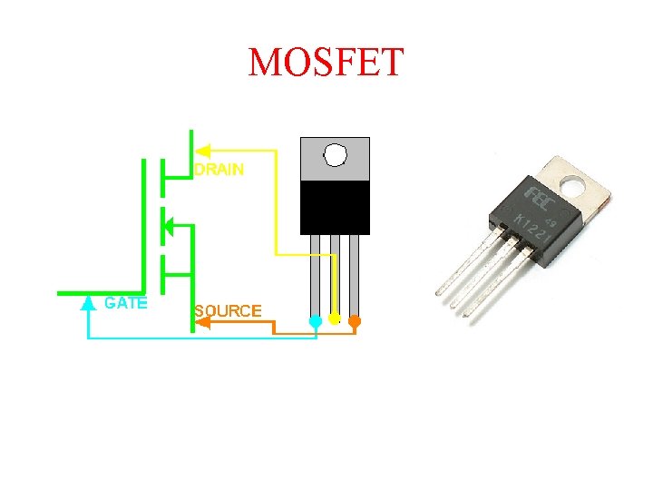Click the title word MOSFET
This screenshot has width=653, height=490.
point(326,63)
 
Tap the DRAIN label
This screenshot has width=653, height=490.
point(219,170)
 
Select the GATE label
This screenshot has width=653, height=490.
point(125,303)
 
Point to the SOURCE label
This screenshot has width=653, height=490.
point(228,311)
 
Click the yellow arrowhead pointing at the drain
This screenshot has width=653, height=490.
point(203,150)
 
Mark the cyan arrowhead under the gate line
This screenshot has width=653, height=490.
point(88,303)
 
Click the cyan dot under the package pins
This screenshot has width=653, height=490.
point(315,321)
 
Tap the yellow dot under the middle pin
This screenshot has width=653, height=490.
point(335,318)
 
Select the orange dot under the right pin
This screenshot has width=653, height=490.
point(355,320)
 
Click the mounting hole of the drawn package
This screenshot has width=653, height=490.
point(336,156)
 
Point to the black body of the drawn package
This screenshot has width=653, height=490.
point(335,207)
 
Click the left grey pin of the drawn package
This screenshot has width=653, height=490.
point(315,272)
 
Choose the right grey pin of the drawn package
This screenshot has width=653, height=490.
point(355,272)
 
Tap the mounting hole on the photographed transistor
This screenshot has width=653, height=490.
point(573,186)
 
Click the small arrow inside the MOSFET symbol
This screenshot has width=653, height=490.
point(166,224)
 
